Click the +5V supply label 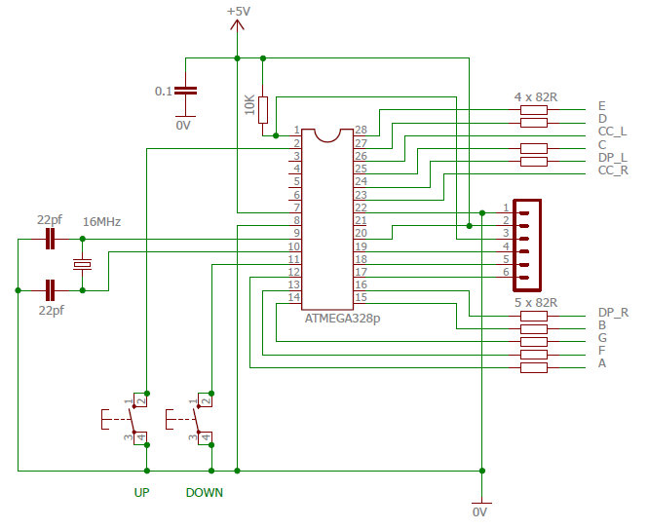(x=238, y=11)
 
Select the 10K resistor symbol (x=262, y=107)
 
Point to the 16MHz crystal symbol (x=83, y=264)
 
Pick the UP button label (x=141, y=492)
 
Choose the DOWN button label (x=205, y=492)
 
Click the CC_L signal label (x=612, y=132)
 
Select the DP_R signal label (x=613, y=313)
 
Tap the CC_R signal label (x=613, y=171)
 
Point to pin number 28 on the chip (x=361, y=131)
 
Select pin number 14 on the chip (x=294, y=297)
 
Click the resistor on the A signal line (x=534, y=367)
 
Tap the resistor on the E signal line (x=534, y=110)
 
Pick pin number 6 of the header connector (x=506, y=273)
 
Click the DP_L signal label (x=613, y=158)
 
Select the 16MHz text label (x=102, y=222)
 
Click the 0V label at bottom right (x=480, y=511)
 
